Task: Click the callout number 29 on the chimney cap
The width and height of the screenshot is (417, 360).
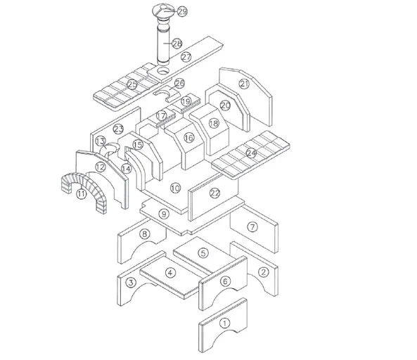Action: pyautogui.click(x=183, y=12)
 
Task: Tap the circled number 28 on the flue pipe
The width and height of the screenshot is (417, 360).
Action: pyautogui.click(x=177, y=44)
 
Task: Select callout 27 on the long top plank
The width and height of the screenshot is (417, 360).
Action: pyautogui.click(x=186, y=57)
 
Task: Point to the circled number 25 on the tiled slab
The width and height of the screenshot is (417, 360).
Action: pyautogui.click(x=133, y=84)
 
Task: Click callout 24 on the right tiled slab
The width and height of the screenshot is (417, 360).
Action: pyautogui.click(x=251, y=153)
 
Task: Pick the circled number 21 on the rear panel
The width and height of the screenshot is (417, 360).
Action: pyautogui.click(x=244, y=83)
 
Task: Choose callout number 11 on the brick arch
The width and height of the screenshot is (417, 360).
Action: pyautogui.click(x=82, y=194)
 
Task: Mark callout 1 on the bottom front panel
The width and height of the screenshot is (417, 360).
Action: pyautogui.click(x=224, y=324)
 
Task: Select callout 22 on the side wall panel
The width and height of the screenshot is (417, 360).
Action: pyautogui.click(x=215, y=193)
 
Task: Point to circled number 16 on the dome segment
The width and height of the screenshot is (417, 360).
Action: pyautogui.click(x=188, y=139)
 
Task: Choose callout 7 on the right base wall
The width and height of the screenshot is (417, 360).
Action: pyautogui.click(x=252, y=226)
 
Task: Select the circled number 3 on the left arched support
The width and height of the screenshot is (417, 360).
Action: pyautogui.click(x=131, y=283)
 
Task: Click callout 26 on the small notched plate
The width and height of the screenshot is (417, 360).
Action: pyautogui.click(x=179, y=84)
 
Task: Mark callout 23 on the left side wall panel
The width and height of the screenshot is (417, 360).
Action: pyautogui.click(x=119, y=129)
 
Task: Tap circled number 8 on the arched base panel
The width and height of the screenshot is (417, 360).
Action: pyautogui.click(x=143, y=234)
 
